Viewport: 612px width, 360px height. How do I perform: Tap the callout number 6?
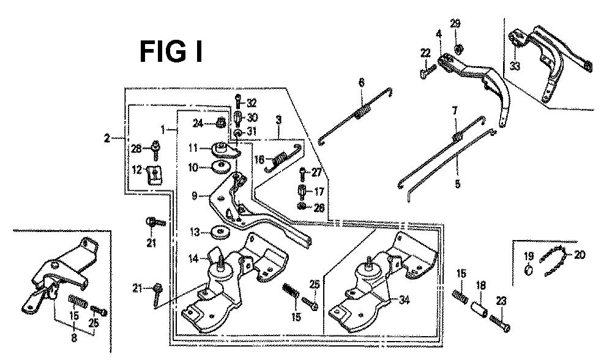pos(361,82)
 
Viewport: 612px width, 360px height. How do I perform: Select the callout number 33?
pos(515,66)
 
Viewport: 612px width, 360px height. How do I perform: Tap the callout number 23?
pos(501,301)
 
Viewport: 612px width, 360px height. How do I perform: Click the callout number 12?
pos(138,170)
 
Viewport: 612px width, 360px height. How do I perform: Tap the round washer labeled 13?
pos(218,233)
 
